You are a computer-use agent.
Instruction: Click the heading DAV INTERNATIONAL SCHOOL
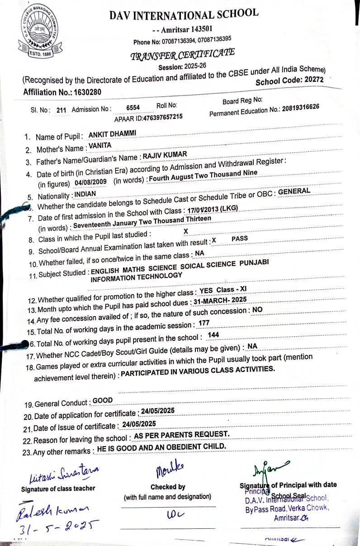[x=184, y=15]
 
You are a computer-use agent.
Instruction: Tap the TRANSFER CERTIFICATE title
[x=182, y=54]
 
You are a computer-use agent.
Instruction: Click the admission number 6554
[x=133, y=107]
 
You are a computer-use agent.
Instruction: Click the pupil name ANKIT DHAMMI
[x=112, y=134]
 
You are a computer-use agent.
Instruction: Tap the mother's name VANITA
[x=99, y=145]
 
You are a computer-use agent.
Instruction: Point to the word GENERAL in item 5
[x=294, y=191]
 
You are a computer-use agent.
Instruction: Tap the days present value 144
[x=213, y=335]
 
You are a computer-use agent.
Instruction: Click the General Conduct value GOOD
[x=103, y=400]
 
